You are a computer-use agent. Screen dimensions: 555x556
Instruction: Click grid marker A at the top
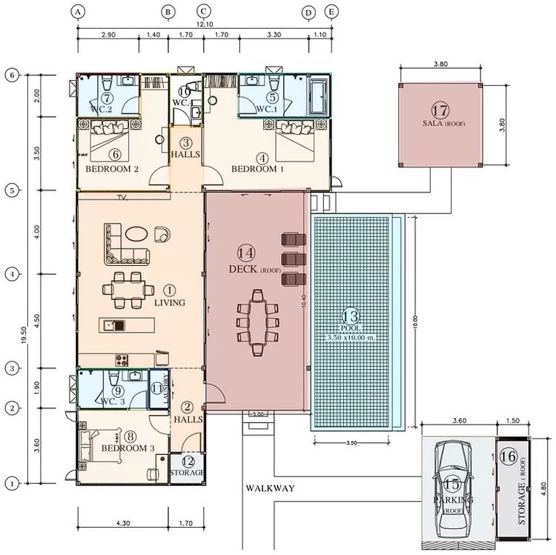click(x=78, y=11)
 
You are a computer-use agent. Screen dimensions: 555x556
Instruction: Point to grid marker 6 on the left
click(x=11, y=75)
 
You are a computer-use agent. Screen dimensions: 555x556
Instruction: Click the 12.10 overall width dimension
click(x=205, y=24)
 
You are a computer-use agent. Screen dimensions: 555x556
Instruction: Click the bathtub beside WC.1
click(x=318, y=99)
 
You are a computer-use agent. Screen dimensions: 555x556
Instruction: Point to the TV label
click(x=124, y=198)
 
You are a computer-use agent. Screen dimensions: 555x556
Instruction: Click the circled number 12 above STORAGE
click(x=187, y=460)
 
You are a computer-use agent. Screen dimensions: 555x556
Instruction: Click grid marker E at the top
click(x=331, y=11)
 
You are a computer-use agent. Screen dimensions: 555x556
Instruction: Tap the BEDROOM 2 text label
click(x=113, y=168)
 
